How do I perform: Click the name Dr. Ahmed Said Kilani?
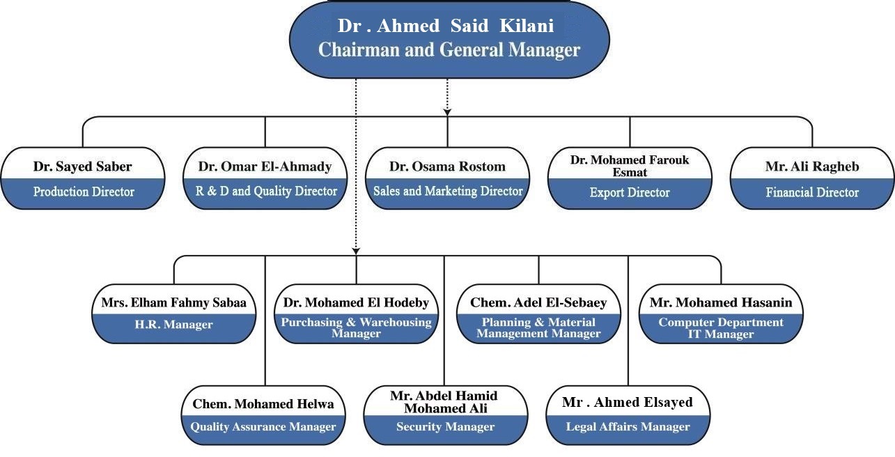pyautogui.click(x=446, y=26)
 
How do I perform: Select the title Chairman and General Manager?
pyautogui.click(x=449, y=50)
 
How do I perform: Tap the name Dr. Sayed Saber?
pyautogui.click(x=83, y=166)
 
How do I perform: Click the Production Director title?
pyautogui.click(x=84, y=192)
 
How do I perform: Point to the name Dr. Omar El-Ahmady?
pyautogui.click(x=265, y=166)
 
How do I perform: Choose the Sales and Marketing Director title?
pyautogui.click(x=448, y=191)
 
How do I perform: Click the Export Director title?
pyautogui.click(x=630, y=192)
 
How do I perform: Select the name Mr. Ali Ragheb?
pyautogui.click(x=812, y=166)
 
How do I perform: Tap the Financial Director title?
pyautogui.click(x=812, y=192)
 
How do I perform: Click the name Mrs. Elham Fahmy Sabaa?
pyautogui.click(x=174, y=302)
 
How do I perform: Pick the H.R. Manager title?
pyautogui.click(x=174, y=324)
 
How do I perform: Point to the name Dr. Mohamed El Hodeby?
pyautogui.click(x=356, y=302)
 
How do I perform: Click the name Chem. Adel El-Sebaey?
pyautogui.click(x=538, y=302)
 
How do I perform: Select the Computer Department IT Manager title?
pyautogui.click(x=721, y=328)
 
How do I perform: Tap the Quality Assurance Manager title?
pyautogui.click(x=263, y=426)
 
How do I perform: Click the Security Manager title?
pyautogui.click(x=446, y=426)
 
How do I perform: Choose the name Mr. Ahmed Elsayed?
pyautogui.click(x=628, y=402)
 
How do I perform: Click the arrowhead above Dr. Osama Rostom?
pyautogui.click(x=447, y=112)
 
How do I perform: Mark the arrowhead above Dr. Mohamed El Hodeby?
pyautogui.click(x=356, y=251)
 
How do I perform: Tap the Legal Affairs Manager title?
pyautogui.click(x=628, y=426)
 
